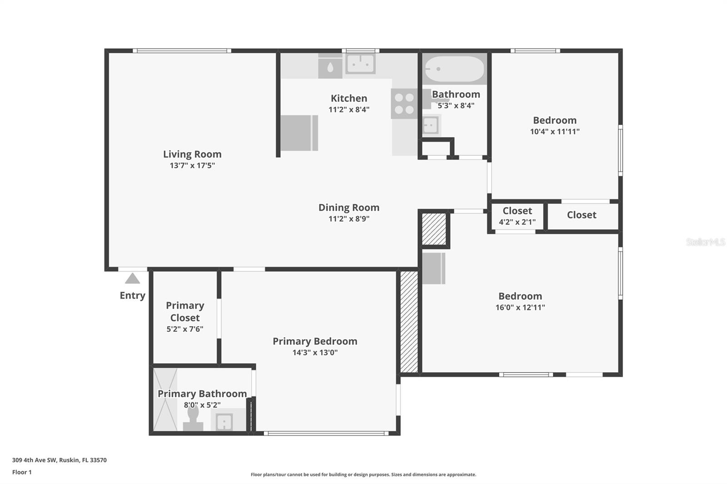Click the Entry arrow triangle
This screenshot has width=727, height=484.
coord(132,278)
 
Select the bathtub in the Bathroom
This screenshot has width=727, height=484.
coord(454,69)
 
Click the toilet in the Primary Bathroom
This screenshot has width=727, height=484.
coord(193,419)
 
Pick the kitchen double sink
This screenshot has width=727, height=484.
coord(360,64)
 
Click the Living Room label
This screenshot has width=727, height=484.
coord(192,154)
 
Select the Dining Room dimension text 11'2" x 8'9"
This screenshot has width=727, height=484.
coord(349,219)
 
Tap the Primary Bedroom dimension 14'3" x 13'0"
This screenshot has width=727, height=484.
coord(315,352)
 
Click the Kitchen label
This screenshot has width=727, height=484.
coord(349,98)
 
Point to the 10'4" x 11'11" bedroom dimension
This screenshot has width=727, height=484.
coord(555,131)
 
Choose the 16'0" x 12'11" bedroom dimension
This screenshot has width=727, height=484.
coord(520,307)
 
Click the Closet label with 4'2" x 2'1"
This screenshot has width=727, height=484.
coord(517,211)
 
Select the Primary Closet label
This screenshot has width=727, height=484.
coord(185,311)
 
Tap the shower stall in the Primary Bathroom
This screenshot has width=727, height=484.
coord(165,400)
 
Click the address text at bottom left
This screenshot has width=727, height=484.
coord(60,460)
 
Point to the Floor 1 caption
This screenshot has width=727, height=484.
coord(22,472)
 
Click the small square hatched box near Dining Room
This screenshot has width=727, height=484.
coord(434,229)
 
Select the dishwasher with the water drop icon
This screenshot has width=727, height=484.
coord(330,66)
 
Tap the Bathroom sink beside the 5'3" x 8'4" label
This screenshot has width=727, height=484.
coord(431,124)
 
